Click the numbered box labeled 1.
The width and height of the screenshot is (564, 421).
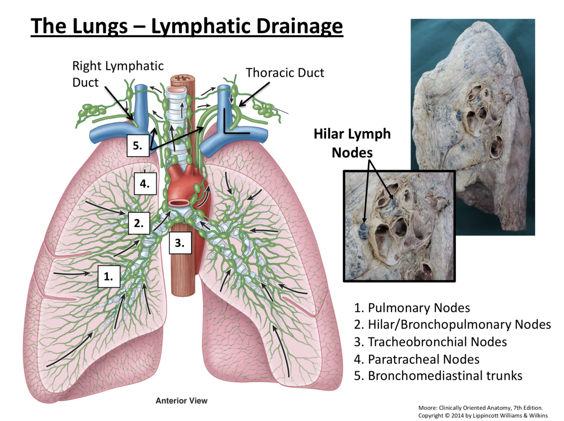[x=109, y=277]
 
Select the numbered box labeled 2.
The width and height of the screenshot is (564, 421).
[x=139, y=223]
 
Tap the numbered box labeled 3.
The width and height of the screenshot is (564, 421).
[x=180, y=243]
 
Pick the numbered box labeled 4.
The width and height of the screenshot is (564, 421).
[x=145, y=184]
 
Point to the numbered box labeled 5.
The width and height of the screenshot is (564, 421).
[x=138, y=145]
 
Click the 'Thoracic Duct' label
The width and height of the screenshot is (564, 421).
[x=285, y=73]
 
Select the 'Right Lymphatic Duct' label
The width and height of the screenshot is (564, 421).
[x=118, y=74]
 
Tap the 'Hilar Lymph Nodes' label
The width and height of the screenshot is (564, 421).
[x=352, y=143]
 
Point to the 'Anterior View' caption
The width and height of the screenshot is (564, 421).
[x=181, y=401]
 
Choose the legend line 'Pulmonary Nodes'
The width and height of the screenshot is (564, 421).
[x=412, y=308]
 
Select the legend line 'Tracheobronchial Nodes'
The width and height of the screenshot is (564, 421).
[x=430, y=342]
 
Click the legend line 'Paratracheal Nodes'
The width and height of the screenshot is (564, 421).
[x=416, y=359]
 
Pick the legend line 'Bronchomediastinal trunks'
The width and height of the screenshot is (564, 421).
[x=438, y=376]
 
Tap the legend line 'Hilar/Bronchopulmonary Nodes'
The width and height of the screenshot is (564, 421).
[x=452, y=324]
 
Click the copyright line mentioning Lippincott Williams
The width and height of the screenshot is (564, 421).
[x=483, y=415]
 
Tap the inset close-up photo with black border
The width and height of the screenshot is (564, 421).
[x=399, y=226]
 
